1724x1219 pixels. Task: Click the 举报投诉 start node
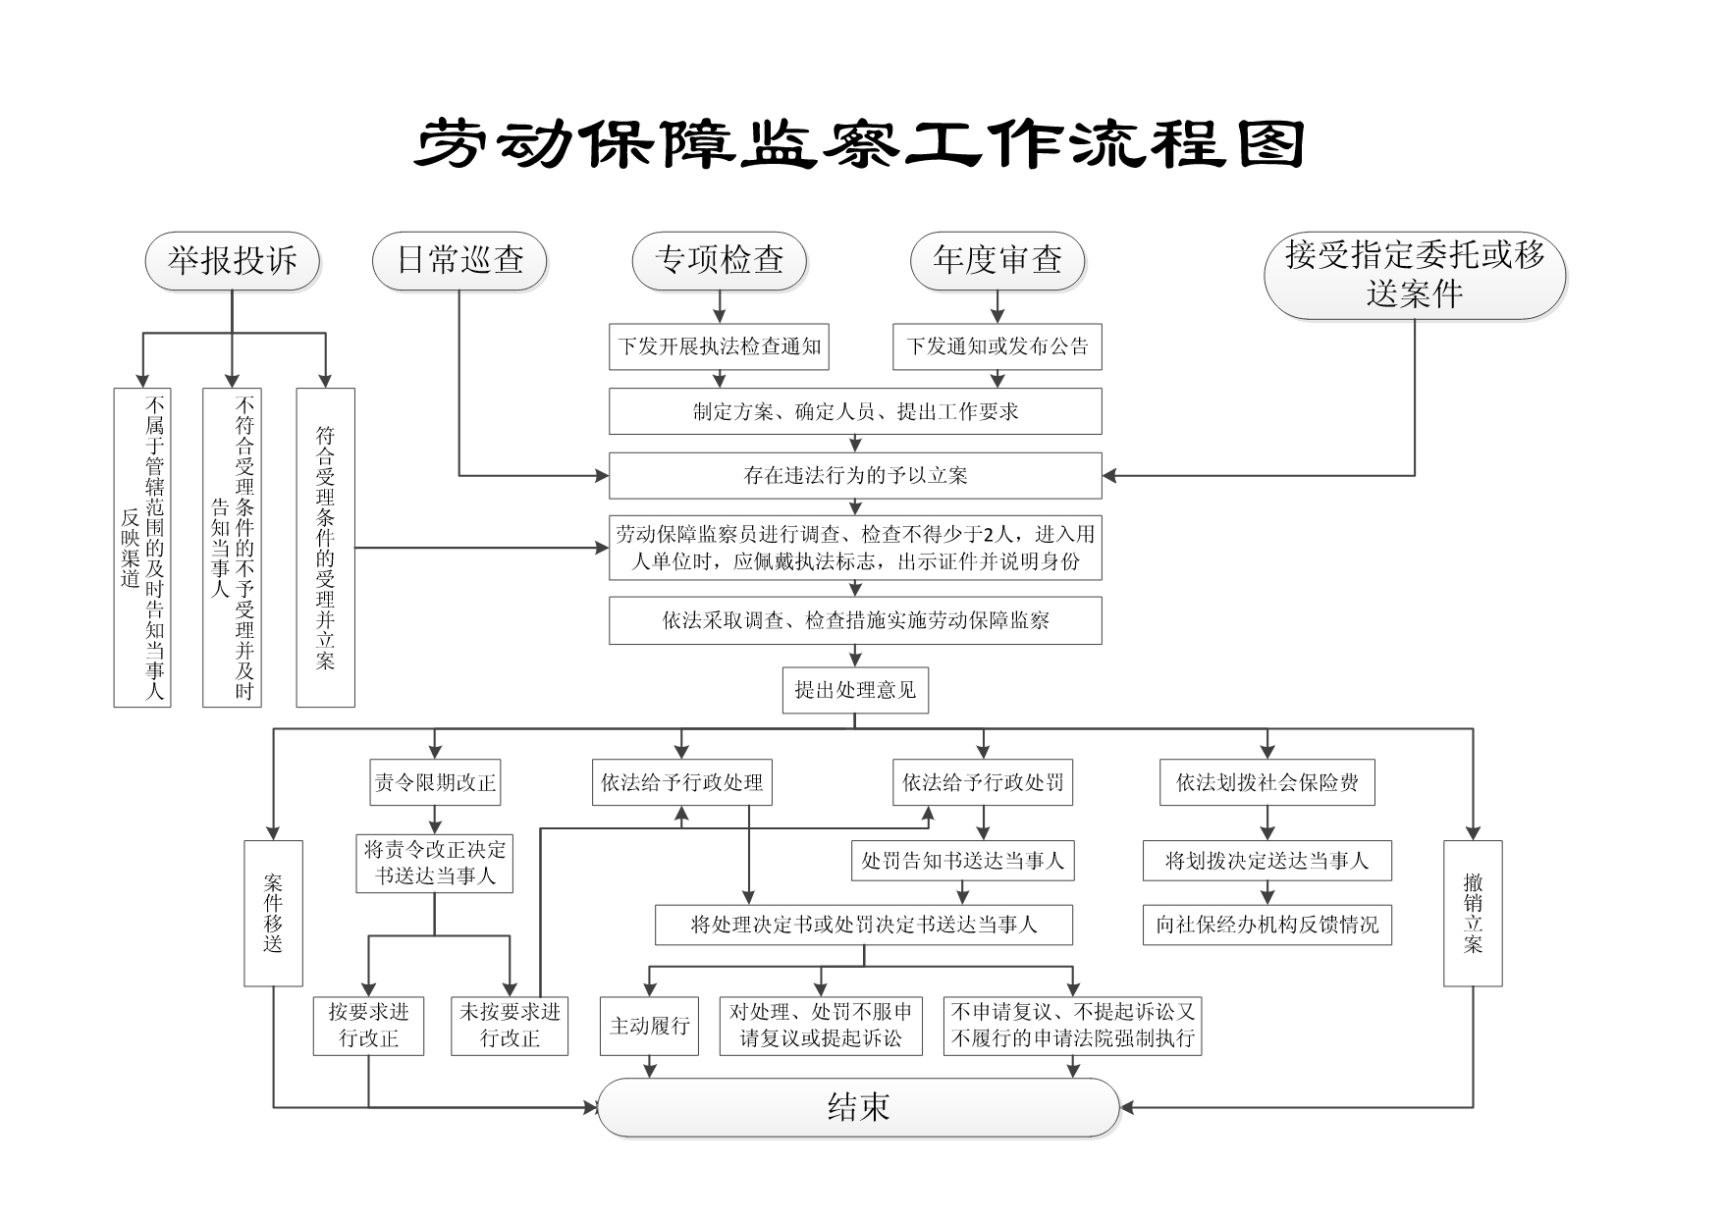[x=232, y=261]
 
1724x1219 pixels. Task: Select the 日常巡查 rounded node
[x=459, y=261]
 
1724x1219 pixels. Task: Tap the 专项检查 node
[x=719, y=261]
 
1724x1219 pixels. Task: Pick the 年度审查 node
[x=997, y=261]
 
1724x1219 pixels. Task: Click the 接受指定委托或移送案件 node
[x=1414, y=275]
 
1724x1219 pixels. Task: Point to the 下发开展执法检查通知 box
[x=719, y=346]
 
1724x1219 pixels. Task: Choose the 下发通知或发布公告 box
[x=997, y=346]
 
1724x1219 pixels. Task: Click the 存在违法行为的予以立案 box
[x=855, y=476]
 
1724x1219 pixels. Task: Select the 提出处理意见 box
[x=855, y=690]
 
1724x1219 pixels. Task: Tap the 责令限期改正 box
[x=435, y=783]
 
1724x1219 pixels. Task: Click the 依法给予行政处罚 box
[x=983, y=783]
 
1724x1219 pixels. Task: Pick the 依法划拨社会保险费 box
[x=1266, y=783]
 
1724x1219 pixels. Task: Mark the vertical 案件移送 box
[x=273, y=913]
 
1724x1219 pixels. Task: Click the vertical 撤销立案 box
[x=1473, y=913]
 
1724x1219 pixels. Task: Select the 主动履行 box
[x=649, y=1027]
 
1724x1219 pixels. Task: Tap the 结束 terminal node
[x=859, y=1108]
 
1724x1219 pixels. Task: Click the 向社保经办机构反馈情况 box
[x=1266, y=925]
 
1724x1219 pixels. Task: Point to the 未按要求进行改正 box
[x=510, y=1026]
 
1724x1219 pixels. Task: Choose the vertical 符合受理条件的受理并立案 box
[x=325, y=548]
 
